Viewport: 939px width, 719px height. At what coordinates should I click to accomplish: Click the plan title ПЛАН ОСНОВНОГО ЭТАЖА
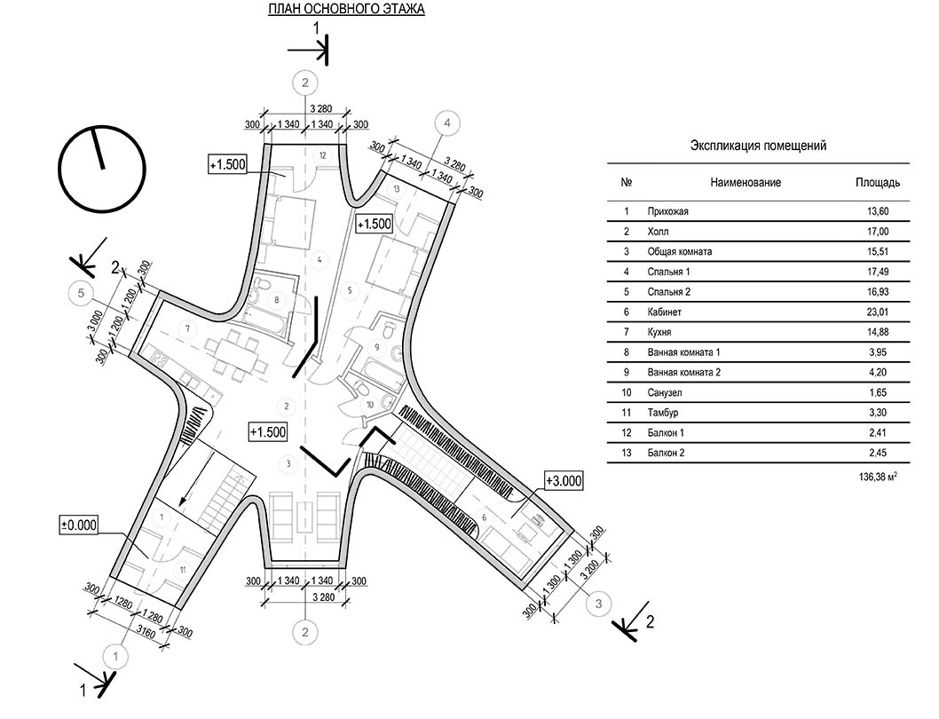pos(346,9)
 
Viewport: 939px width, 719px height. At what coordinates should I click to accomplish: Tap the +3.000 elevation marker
pos(564,480)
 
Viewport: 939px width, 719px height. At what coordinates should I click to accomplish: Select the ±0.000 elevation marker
pos(78,525)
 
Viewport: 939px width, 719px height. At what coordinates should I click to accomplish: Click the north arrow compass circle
pos(102,169)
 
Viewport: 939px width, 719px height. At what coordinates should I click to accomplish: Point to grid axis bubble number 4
pos(446,123)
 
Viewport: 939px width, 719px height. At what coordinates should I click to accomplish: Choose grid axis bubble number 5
pos(82,293)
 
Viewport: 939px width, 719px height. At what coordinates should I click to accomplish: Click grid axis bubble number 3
pos(598,604)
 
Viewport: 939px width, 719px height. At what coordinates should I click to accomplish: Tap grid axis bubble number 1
pos(115,657)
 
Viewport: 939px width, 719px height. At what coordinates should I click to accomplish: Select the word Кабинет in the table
pos(664,312)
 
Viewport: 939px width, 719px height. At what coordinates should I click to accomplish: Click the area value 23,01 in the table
pos(880,312)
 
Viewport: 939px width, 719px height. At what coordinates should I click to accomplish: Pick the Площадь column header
pos(878,182)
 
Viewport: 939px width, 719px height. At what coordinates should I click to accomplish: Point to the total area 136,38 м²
pos(878,478)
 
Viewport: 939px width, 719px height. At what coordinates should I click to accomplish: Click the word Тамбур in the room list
pos(663,413)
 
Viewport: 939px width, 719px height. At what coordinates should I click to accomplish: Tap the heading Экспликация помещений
pos(758,146)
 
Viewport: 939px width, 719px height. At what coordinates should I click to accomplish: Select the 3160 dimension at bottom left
pos(146,633)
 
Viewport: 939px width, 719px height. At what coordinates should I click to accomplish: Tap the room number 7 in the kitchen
pos(188,328)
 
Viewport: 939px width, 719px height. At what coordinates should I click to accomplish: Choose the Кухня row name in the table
pos(659,333)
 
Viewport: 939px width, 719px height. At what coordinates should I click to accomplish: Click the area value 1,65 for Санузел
pos(880,393)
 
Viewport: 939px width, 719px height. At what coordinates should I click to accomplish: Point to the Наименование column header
pos(746,182)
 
